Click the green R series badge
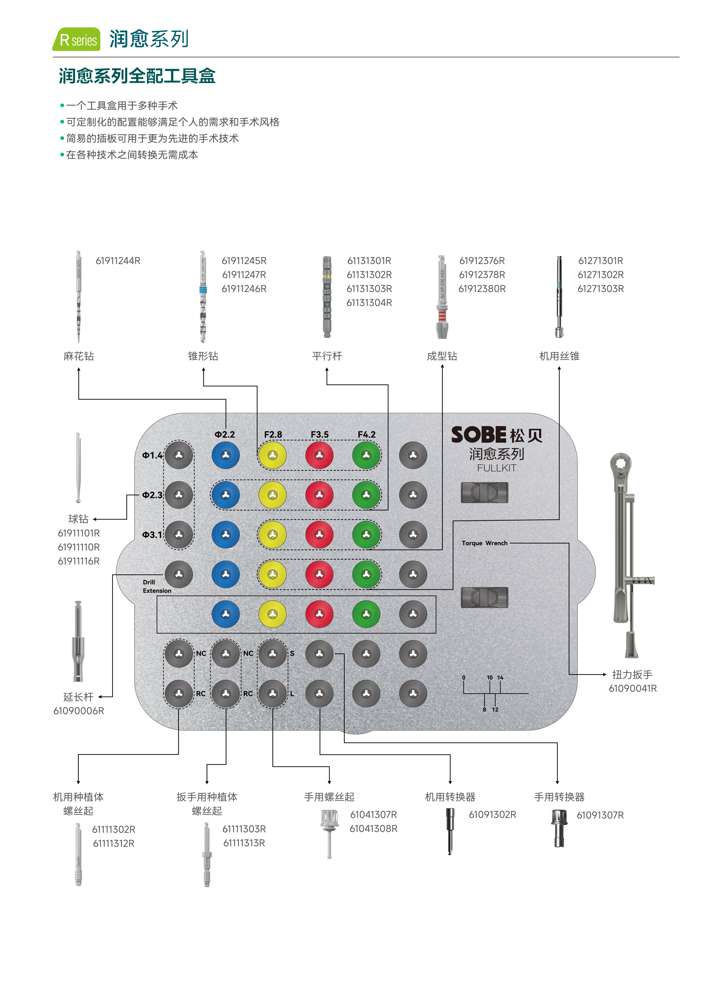click(77, 40)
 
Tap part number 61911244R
click(118, 261)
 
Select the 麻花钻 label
click(79, 356)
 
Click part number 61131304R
click(369, 303)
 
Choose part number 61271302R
click(600, 275)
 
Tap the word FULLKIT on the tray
click(496, 468)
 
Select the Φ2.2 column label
click(225, 435)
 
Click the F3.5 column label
click(319, 435)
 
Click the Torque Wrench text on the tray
click(484, 543)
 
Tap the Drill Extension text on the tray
click(156, 586)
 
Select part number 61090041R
click(632, 688)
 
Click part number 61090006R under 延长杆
click(79, 711)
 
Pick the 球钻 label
click(78, 519)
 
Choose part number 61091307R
click(600, 815)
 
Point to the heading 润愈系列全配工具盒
click(137, 76)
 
